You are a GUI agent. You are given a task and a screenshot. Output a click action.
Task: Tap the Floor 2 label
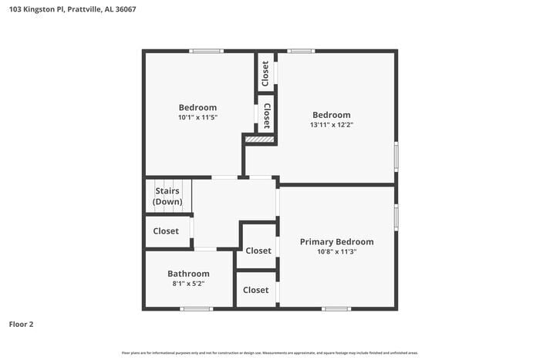21,325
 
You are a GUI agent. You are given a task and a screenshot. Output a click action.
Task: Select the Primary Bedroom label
336,241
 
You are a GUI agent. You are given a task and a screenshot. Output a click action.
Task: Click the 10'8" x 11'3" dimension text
336,251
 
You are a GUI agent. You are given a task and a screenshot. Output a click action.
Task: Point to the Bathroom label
188,274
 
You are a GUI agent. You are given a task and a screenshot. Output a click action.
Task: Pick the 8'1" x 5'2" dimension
188,284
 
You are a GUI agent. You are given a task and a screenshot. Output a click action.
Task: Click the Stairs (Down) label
167,197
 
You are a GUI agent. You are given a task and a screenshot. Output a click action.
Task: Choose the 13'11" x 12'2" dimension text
331,124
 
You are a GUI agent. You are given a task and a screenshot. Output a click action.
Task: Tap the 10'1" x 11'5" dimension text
197,117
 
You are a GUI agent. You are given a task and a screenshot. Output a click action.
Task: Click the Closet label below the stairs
166,231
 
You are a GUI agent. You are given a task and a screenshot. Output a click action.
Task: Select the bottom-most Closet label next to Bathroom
256,290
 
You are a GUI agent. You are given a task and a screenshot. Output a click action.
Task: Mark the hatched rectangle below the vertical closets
260,140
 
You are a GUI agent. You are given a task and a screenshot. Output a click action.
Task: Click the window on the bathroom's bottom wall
196,308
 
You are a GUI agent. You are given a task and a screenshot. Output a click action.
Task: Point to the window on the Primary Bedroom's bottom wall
336,308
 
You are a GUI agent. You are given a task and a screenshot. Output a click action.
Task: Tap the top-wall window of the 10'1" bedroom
207,52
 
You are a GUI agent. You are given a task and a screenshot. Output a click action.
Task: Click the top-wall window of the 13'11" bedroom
301,52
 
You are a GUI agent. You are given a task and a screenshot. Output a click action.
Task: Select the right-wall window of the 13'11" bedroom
396,156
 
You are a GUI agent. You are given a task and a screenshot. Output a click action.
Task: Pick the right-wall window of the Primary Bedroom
396,217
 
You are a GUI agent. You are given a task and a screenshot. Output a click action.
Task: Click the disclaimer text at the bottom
269,353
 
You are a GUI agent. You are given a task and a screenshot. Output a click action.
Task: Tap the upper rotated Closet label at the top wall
265,73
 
